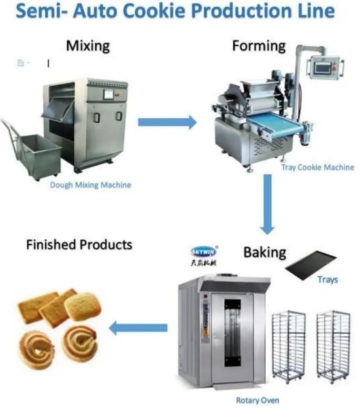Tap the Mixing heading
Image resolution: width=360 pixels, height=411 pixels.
(x=88, y=46)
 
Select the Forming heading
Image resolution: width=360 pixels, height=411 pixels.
(x=259, y=46)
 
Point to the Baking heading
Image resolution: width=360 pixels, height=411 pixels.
(x=264, y=252)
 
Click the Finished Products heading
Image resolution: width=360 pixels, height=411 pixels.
(x=79, y=244)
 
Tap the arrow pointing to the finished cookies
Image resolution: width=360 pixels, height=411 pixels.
(x=138, y=328)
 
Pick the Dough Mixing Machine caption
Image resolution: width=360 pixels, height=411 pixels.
(x=91, y=185)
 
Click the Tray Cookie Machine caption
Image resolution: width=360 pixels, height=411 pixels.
(x=317, y=167)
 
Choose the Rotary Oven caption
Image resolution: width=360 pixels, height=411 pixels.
(x=257, y=400)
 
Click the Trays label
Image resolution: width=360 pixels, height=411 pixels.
(x=327, y=279)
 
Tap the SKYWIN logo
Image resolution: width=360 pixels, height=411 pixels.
(x=204, y=252)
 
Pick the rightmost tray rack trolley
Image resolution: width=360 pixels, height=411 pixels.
(x=333, y=345)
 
